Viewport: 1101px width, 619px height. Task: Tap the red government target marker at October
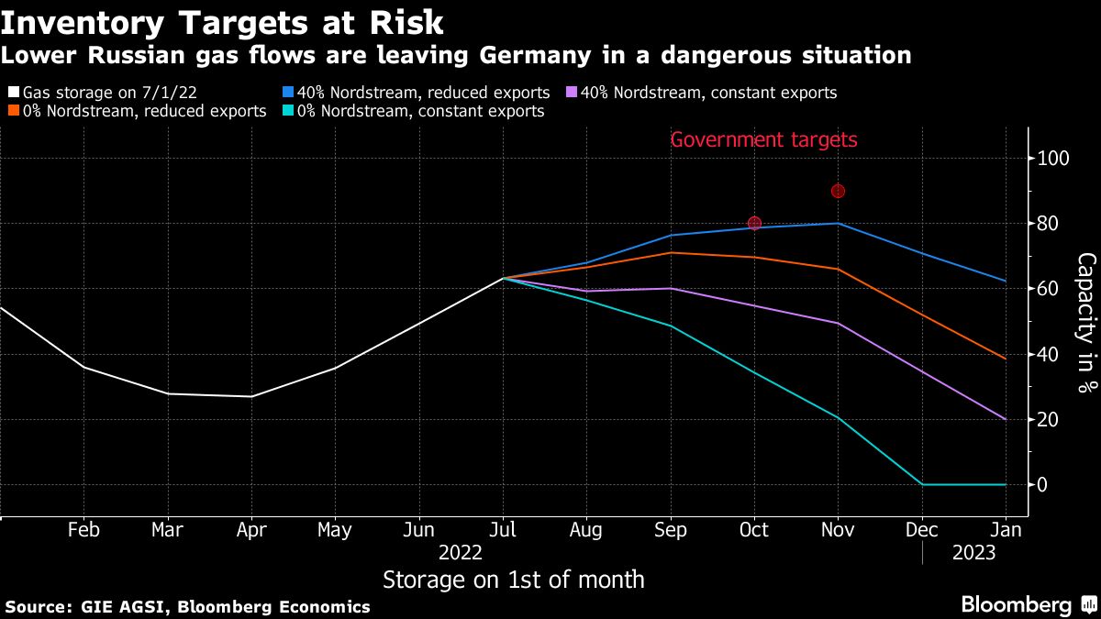coord(754,223)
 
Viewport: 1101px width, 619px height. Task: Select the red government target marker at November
coord(838,191)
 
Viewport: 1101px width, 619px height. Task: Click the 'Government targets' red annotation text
coord(763,140)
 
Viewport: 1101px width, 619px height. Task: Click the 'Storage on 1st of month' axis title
coord(513,580)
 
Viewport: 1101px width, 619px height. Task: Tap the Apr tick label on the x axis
coord(251,529)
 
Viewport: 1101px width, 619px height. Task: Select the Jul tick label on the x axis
coord(502,529)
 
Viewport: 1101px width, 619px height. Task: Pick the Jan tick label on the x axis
coord(1006,529)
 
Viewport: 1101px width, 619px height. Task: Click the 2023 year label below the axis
coord(973,553)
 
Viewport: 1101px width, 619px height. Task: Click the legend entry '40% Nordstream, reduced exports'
coord(423,93)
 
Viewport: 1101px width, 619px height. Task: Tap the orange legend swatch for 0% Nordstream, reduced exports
coord(13,111)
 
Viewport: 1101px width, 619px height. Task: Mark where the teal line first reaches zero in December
coord(921,484)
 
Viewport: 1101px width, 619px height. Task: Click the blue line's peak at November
coord(838,223)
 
